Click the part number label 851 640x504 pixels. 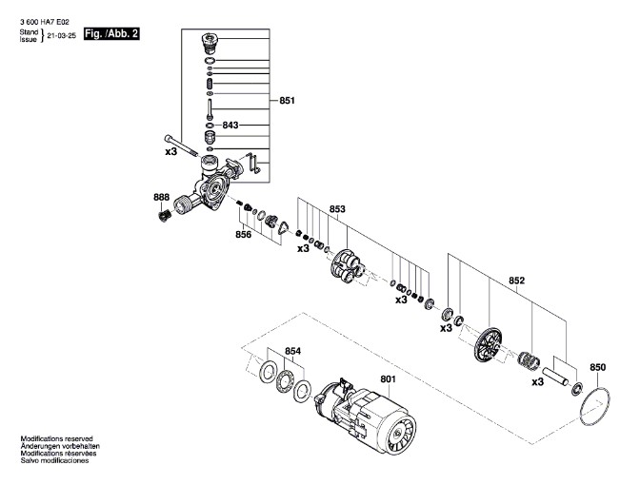click(287, 100)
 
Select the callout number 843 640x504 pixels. click(230, 125)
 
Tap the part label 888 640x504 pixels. click(161, 197)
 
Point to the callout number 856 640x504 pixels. click(243, 234)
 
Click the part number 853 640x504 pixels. click(337, 209)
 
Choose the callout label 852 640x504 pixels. click(517, 281)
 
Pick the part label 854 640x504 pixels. click(292, 351)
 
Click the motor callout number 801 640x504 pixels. click(388, 379)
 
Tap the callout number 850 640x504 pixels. click(598, 367)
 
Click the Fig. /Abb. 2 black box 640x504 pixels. click(111, 34)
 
